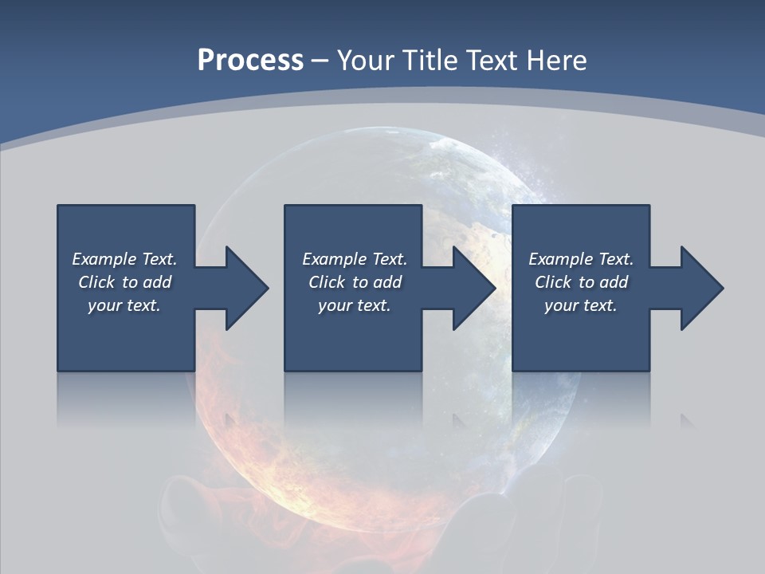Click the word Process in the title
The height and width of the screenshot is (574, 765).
tap(250, 61)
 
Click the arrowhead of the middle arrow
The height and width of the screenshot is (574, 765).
tap(477, 288)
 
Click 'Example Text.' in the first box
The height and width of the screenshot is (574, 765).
tap(124, 259)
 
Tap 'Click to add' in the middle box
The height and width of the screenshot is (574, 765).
tap(355, 282)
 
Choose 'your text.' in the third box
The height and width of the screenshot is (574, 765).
tap(581, 305)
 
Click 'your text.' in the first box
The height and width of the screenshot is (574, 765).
tap(124, 305)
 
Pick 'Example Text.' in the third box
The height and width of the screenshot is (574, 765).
tap(581, 259)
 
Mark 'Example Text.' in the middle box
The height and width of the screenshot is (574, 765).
tap(355, 259)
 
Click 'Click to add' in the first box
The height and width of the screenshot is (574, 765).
tap(124, 282)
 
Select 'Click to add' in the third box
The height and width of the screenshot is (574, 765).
tap(581, 282)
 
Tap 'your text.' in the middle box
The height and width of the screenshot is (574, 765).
tap(355, 305)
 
